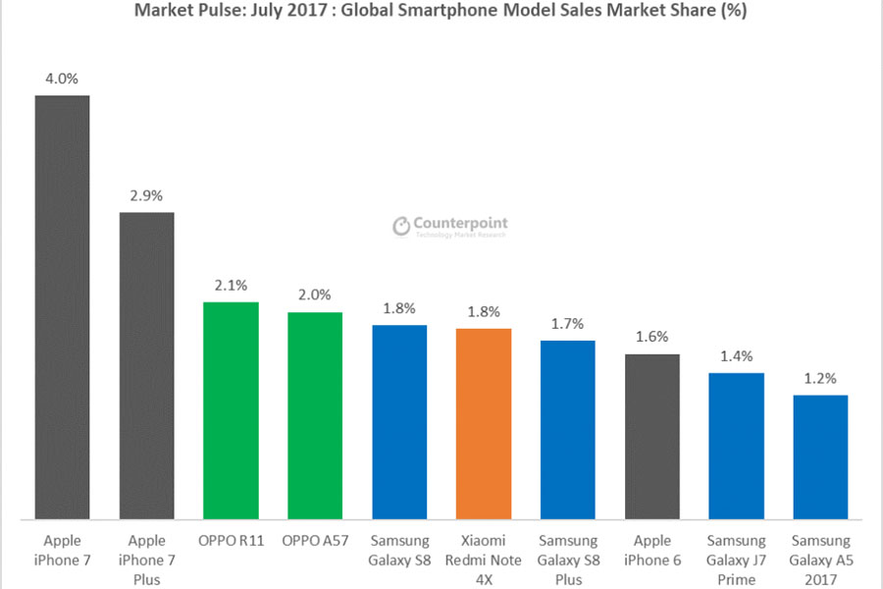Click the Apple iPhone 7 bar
pyautogui.click(x=62, y=307)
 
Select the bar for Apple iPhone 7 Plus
pyautogui.click(x=146, y=366)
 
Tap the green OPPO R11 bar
pyautogui.click(x=231, y=410)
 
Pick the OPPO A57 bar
pyautogui.click(x=315, y=415)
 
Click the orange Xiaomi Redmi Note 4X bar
pyautogui.click(x=484, y=424)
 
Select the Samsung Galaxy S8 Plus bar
pyautogui.click(x=568, y=430)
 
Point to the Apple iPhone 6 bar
pyautogui.click(x=652, y=437)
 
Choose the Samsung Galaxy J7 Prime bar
pyautogui.click(x=737, y=446)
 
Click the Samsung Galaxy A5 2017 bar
pyautogui.click(x=820, y=457)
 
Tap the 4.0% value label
pyautogui.click(x=62, y=79)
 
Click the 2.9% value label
pyautogui.click(x=146, y=195)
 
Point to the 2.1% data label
pyautogui.click(x=231, y=286)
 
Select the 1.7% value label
pyautogui.click(x=568, y=324)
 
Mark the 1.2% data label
pyautogui.click(x=820, y=378)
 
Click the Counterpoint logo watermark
pyautogui.click(x=450, y=227)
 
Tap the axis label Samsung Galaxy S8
pyautogui.click(x=399, y=550)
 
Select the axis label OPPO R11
pyautogui.click(x=231, y=541)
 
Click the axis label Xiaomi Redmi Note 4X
pyautogui.click(x=483, y=560)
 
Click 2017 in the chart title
pyautogui.click(x=309, y=10)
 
